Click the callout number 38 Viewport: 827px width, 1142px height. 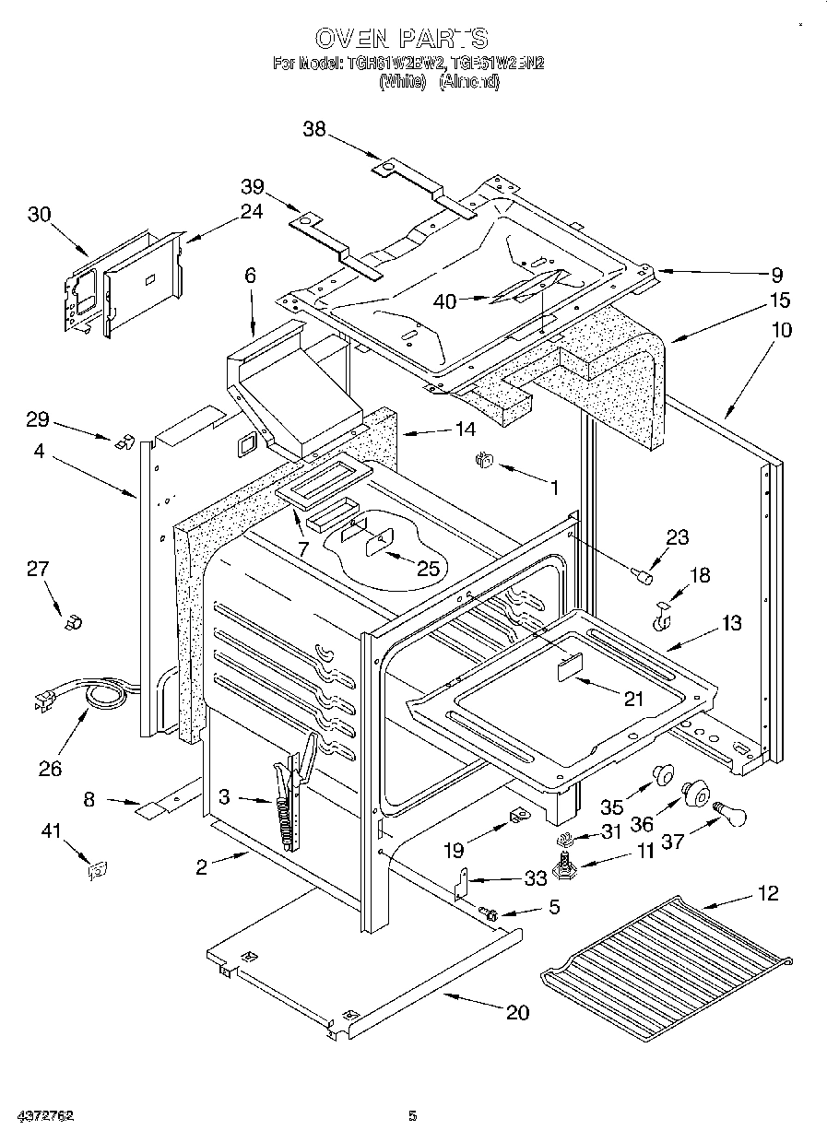[x=314, y=130]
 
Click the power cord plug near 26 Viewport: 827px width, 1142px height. [x=42, y=702]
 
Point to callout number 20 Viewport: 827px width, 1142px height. [x=517, y=1012]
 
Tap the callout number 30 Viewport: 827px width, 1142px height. [x=39, y=214]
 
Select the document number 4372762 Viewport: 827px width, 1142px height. [x=38, y=1116]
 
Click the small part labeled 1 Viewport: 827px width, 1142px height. [x=480, y=461]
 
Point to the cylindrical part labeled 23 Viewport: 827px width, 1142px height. [x=643, y=577]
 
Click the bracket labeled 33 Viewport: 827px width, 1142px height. [x=462, y=886]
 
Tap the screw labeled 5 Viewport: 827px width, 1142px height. [x=490, y=914]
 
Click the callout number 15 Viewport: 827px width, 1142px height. [x=780, y=300]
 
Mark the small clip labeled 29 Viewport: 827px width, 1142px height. [x=121, y=441]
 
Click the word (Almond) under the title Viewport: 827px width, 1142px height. [x=468, y=81]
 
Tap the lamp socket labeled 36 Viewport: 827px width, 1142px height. [x=695, y=791]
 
